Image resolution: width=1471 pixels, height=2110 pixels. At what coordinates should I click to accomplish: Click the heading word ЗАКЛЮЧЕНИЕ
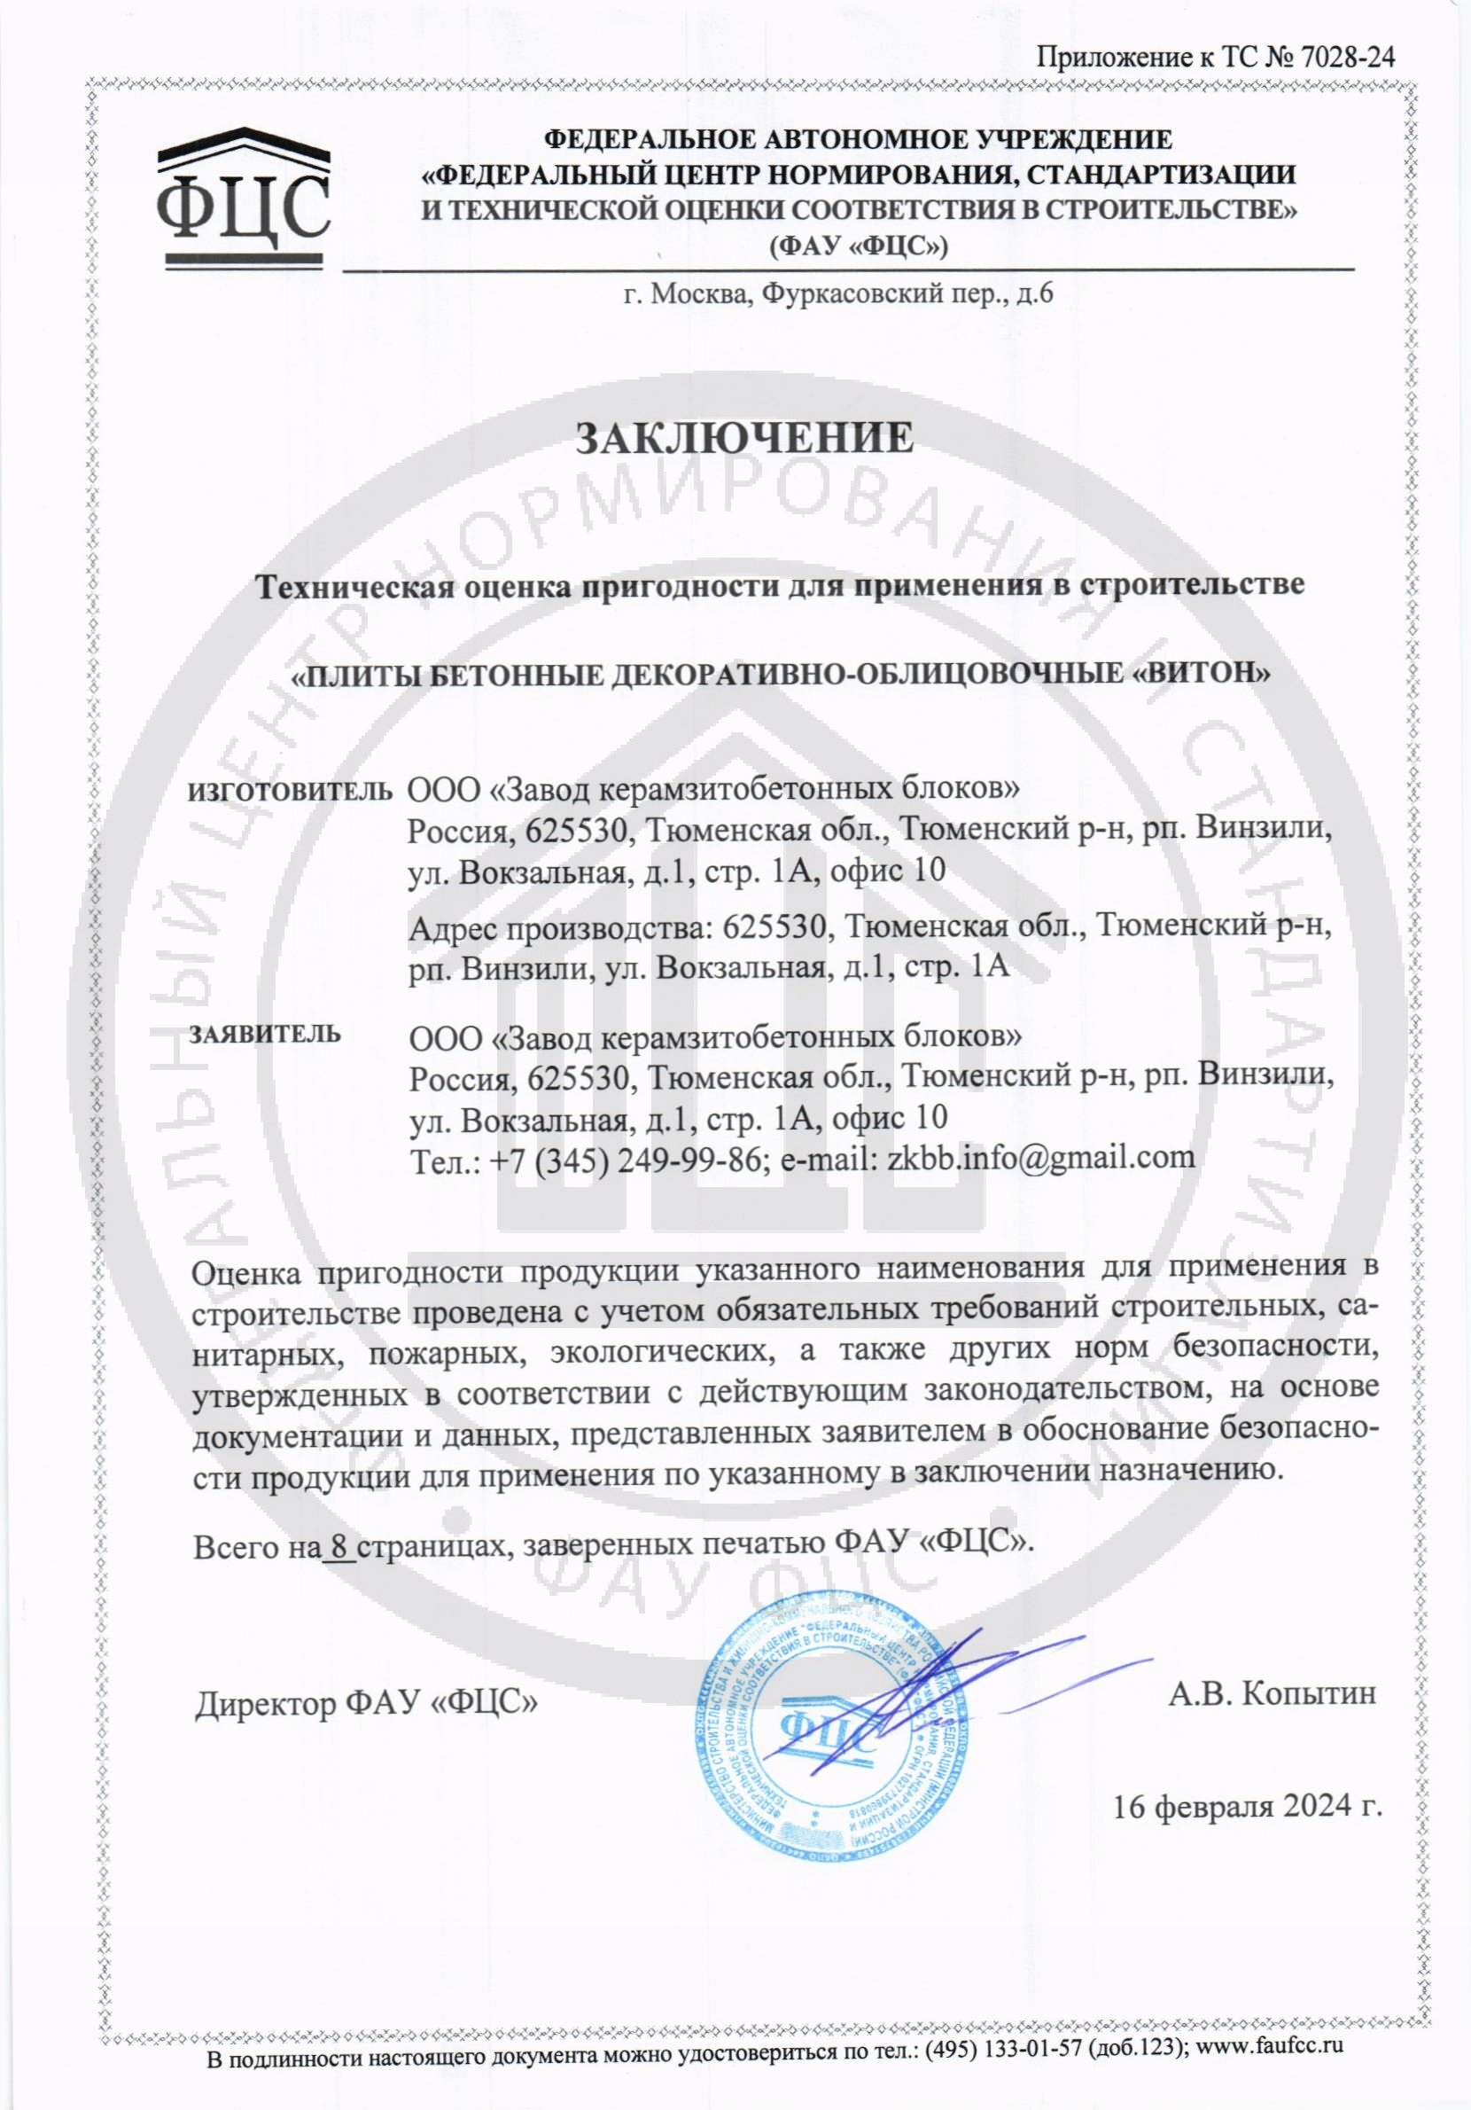pyautogui.click(x=744, y=438)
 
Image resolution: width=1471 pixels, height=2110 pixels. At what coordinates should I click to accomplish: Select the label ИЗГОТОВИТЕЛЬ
pyautogui.click(x=290, y=789)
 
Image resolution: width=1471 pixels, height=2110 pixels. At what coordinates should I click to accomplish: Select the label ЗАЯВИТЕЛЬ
pyautogui.click(x=265, y=1033)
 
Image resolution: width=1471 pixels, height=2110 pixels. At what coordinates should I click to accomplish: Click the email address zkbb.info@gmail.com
pyautogui.click(x=1041, y=1156)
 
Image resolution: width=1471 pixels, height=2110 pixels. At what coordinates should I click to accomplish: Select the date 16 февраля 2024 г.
pyautogui.click(x=1248, y=1807)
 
